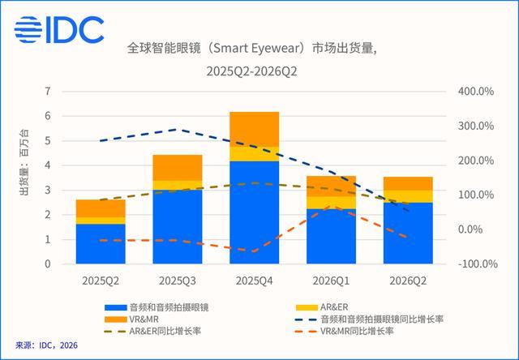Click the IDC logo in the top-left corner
(59, 29)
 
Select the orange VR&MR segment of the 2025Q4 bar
(254, 129)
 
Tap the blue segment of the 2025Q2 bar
(101, 244)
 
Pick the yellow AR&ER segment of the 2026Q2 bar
(408, 196)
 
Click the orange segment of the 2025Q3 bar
(178, 168)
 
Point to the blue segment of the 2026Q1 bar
(331, 236)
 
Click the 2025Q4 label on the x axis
(254, 281)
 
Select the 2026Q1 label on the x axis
(331, 281)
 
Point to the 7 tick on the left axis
(49, 92)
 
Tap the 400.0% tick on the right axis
(476, 92)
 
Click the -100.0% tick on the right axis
(478, 264)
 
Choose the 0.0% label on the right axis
(470, 229)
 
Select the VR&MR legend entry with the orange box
(131, 319)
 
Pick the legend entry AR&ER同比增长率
(152, 331)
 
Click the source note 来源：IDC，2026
(46, 345)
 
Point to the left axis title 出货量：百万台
(24, 162)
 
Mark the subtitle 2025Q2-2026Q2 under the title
(252, 71)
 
